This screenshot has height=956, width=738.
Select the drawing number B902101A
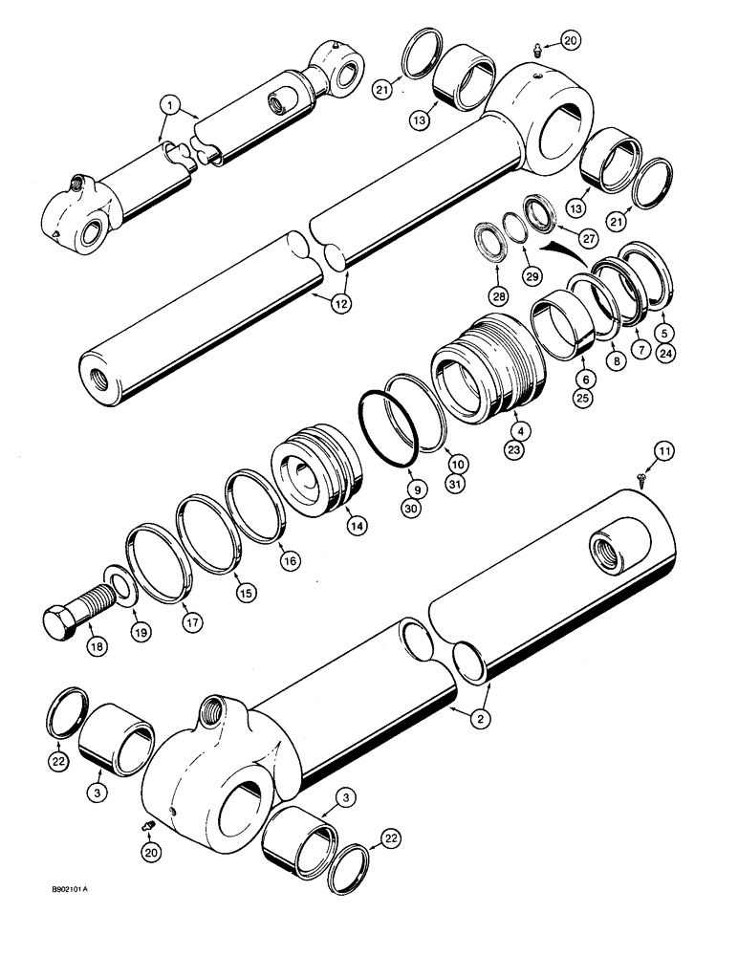79,889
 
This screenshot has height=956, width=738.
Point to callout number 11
664,449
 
